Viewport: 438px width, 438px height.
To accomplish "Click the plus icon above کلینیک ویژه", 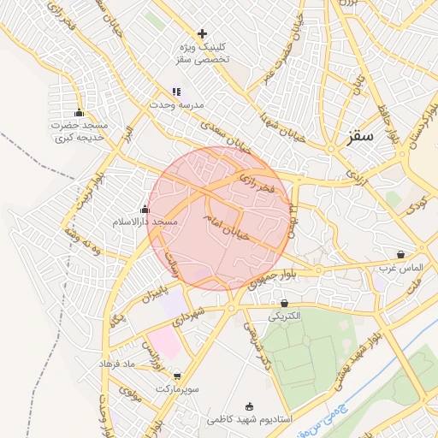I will [x=202, y=34].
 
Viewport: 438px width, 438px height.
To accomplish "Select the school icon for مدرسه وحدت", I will [x=176, y=92].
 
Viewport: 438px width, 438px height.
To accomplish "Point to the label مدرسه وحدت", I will [x=178, y=104].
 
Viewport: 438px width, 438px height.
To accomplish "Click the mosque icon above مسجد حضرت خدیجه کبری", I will [x=80, y=113].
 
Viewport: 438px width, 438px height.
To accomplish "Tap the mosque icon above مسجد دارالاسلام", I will [x=145, y=209].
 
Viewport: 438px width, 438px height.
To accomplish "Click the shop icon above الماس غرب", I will [x=401, y=254].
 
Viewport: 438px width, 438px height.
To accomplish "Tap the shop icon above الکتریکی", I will [x=284, y=303].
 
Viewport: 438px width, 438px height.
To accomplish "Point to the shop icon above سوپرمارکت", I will [x=177, y=376].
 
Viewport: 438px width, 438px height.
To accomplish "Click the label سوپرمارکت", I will [x=177, y=388].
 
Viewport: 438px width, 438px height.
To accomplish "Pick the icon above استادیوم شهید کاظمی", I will [x=250, y=406].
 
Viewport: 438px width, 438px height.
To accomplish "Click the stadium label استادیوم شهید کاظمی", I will [x=250, y=420].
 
